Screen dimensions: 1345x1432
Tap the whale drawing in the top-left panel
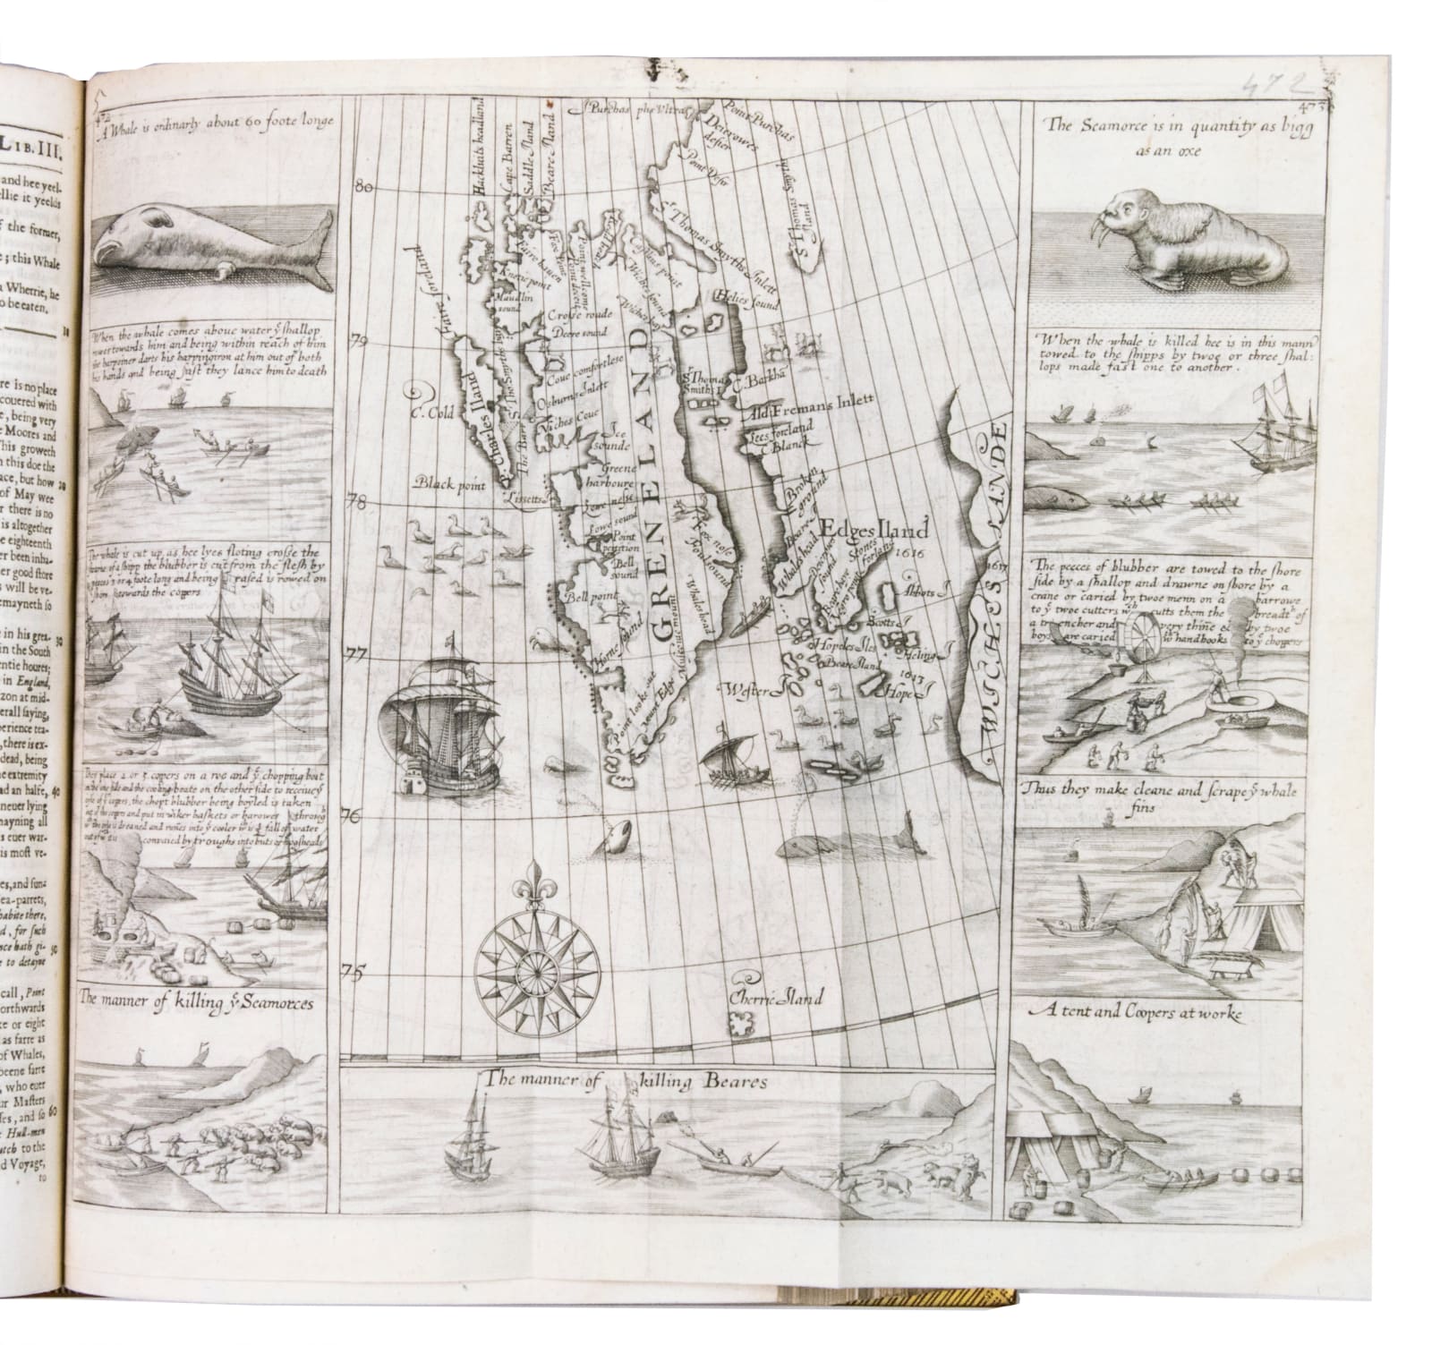coord(211,239)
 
